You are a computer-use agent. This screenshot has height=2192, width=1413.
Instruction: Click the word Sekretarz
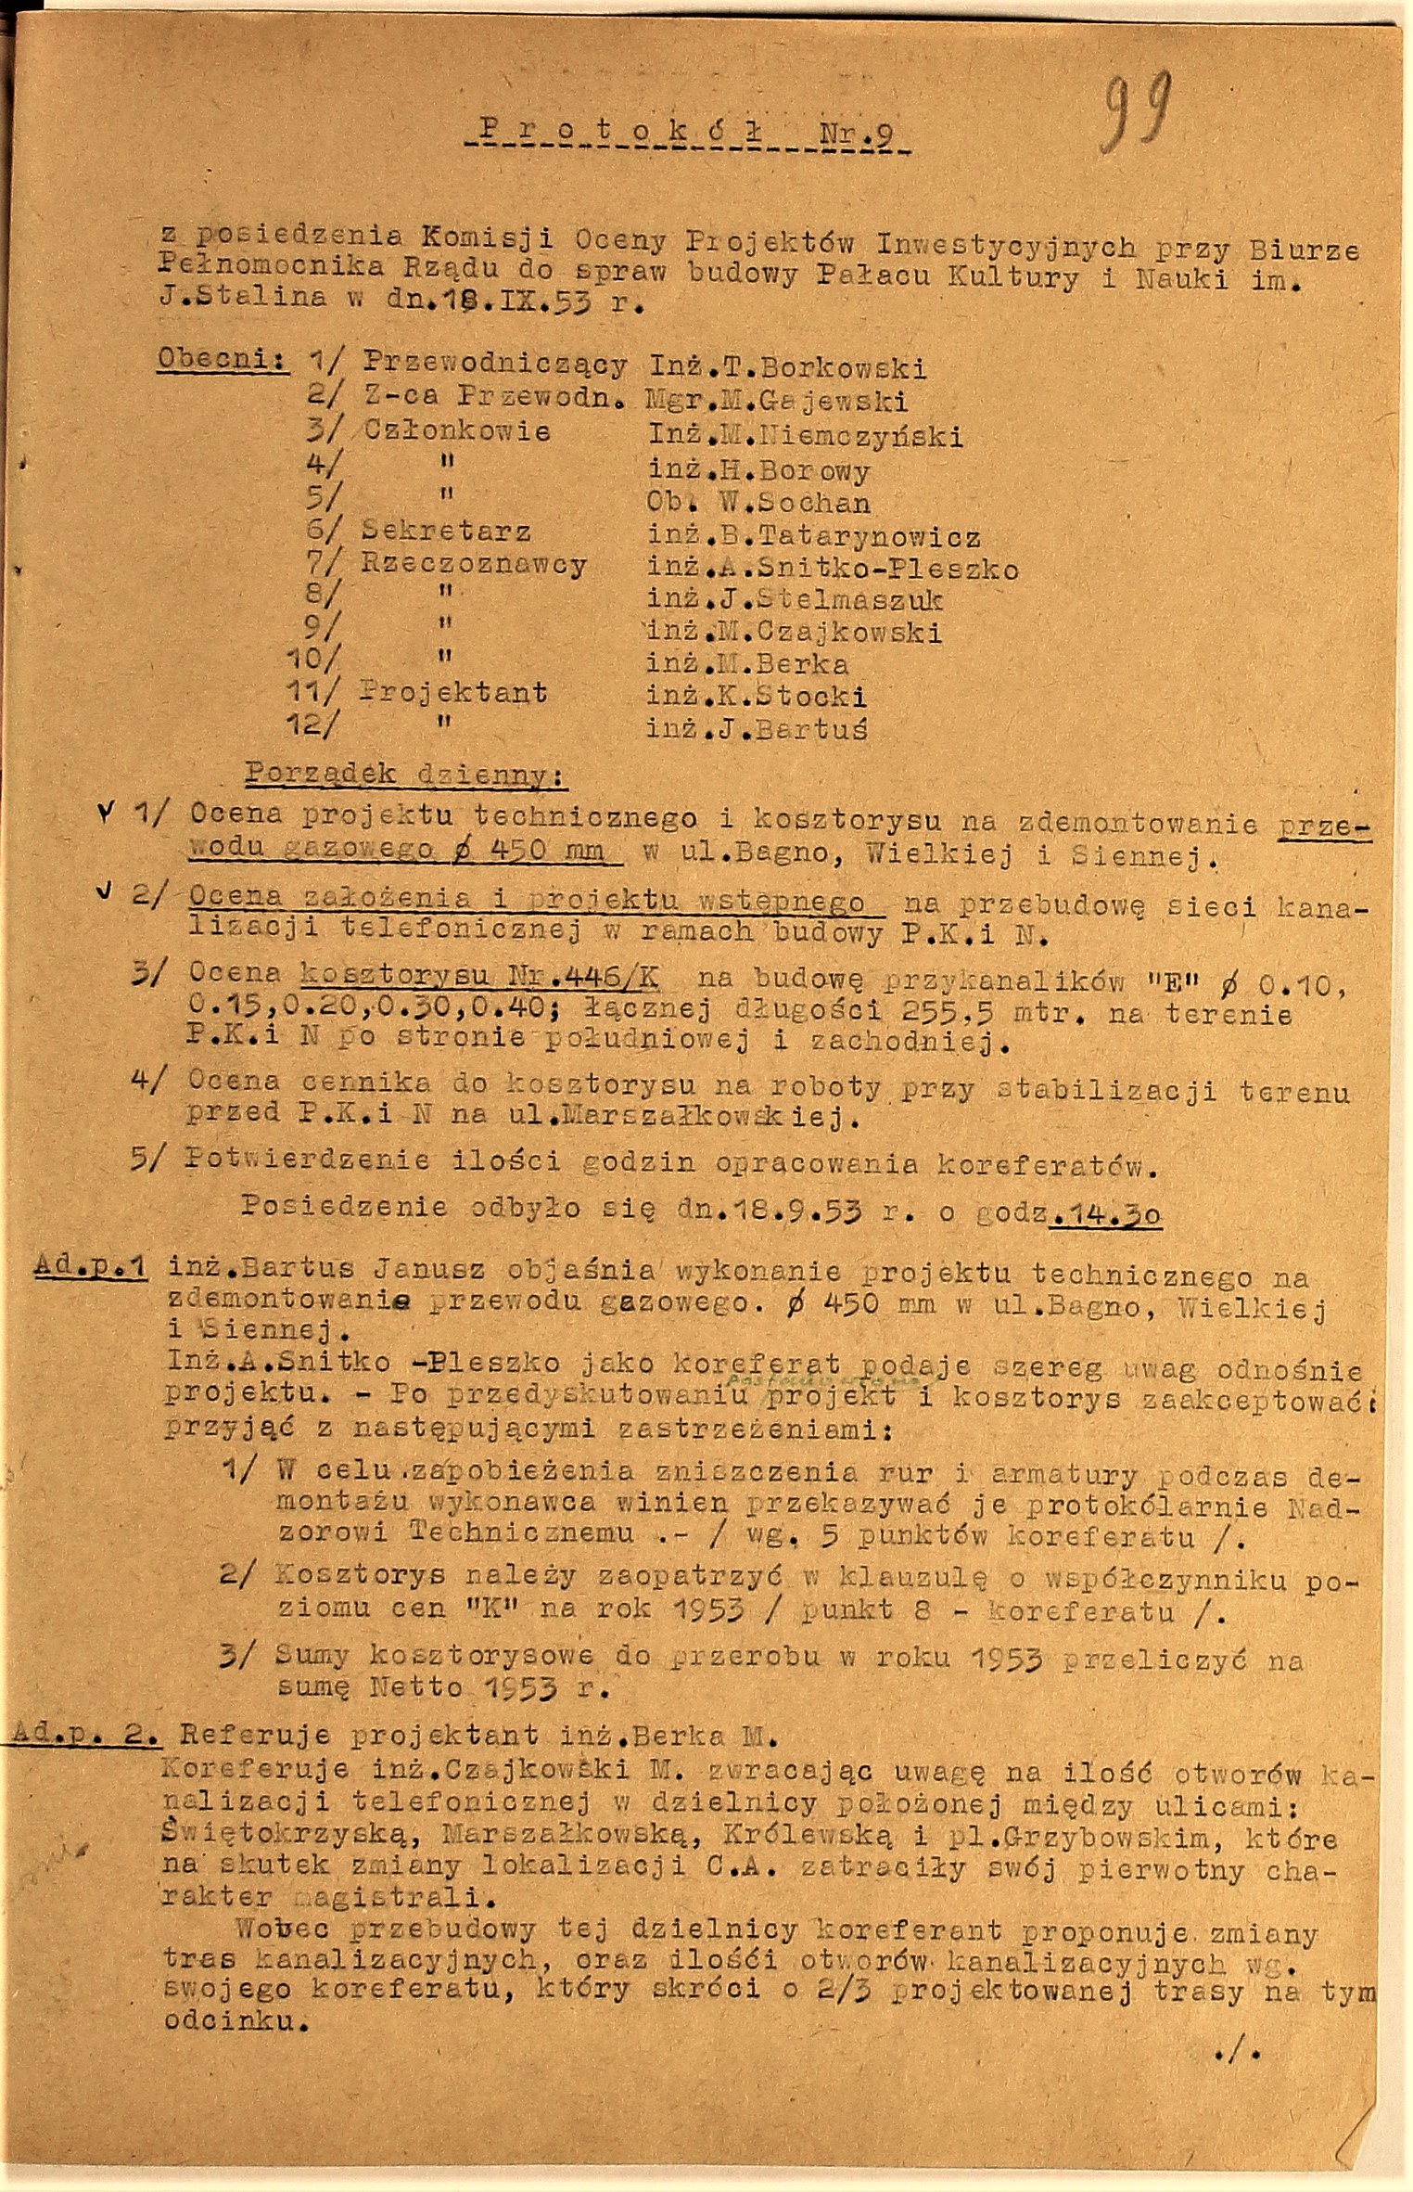pos(447,532)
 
